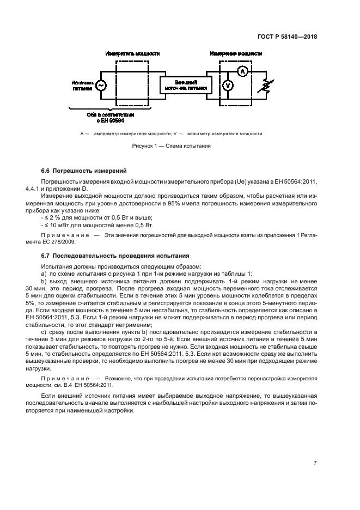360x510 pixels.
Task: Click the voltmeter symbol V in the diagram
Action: pos(229,86)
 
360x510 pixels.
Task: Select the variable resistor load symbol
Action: pos(265,86)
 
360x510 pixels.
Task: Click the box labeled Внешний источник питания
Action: pos(186,84)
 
